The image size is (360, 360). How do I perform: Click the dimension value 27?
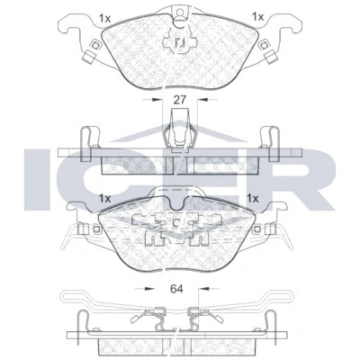180,99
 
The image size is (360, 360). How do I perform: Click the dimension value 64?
176,289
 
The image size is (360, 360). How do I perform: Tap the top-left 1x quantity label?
105,19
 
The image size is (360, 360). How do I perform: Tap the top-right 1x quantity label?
257,17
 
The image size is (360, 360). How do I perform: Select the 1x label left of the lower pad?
105,198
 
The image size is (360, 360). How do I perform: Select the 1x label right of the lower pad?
252,198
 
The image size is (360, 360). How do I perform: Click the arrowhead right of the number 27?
202,99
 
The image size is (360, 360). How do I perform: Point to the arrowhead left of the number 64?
149,289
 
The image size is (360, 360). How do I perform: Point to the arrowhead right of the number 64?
204,289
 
